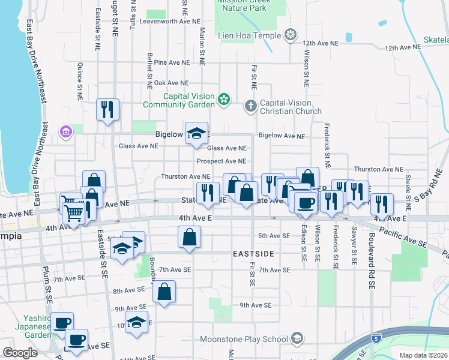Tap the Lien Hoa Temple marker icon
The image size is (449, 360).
point(291,34)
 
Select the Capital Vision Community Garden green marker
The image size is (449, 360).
point(224,99)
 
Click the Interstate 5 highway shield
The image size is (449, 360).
point(376,339)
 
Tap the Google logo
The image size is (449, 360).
point(20,353)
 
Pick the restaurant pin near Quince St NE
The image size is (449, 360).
point(108,110)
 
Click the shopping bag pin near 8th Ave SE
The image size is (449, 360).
point(164,292)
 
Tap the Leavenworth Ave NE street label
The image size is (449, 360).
point(169,20)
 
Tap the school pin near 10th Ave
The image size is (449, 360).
point(137,322)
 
